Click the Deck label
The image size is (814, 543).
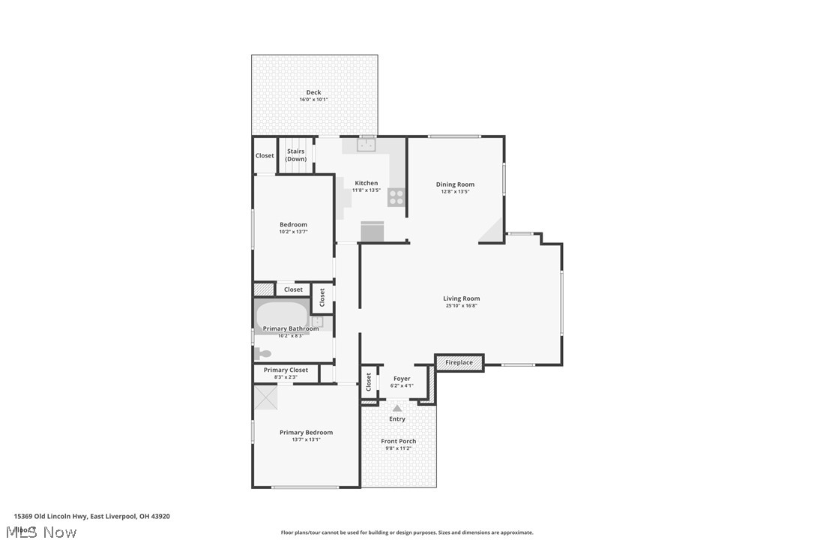click(313, 92)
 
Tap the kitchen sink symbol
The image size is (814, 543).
click(367, 145)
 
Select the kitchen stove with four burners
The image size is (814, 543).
click(397, 197)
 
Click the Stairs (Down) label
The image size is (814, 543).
click(296, 155)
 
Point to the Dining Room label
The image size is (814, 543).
click(455, 184)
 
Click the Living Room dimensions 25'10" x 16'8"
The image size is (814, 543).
click(461, 306)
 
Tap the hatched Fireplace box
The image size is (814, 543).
click(459, 363)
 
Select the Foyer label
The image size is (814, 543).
click(402, 379)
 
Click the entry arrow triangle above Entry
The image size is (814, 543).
click(397, 408)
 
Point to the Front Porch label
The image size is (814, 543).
click(398, 441)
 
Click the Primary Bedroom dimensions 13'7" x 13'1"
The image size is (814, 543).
click(306, 439)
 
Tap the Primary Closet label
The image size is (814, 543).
click(286, 370)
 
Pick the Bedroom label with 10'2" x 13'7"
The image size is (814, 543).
click(293, 225)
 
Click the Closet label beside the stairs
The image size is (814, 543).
click(265, 156)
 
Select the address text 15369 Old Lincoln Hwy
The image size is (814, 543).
click(50, 516)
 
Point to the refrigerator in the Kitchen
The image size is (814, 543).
click(373, 232)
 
